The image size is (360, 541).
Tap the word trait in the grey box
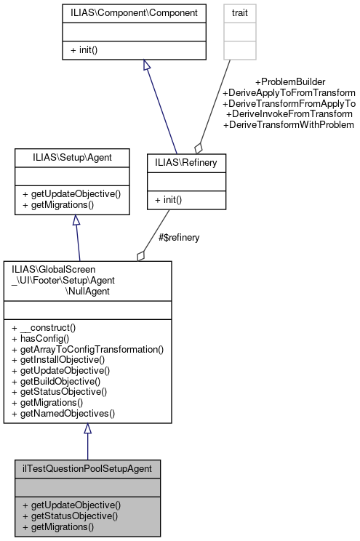240,13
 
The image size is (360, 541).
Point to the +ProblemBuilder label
289,81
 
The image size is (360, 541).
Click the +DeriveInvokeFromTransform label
289,114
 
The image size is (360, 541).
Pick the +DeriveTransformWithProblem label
289,125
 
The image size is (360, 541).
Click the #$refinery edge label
179,237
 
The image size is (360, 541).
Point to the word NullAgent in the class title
87,289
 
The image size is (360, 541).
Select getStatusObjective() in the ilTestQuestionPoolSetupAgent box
71,516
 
